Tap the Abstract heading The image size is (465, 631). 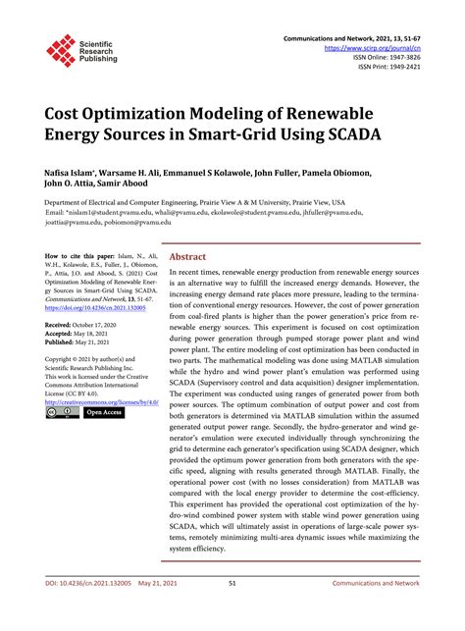pos(188,256)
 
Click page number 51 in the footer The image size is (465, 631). pos(232,610)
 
